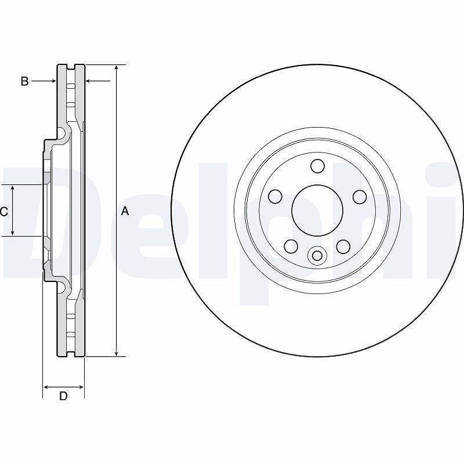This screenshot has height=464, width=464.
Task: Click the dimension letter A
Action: [x=125, y=211]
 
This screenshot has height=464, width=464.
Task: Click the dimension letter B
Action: [x=24, y=81]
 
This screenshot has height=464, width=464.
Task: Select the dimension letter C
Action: [x=4, y=212]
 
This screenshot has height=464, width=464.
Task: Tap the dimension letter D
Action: [x=63, y=396]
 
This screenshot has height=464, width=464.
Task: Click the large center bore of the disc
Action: [x=317, y=210]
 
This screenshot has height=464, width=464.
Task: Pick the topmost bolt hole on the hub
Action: [x=317, y=166]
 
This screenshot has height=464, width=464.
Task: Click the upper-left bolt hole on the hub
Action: [x=275, y=197]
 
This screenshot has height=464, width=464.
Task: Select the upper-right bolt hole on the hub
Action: [x=360, y=197]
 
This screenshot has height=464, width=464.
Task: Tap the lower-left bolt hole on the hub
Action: [x=291, y=246]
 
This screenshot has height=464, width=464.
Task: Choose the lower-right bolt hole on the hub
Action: [x=343, y=246]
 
